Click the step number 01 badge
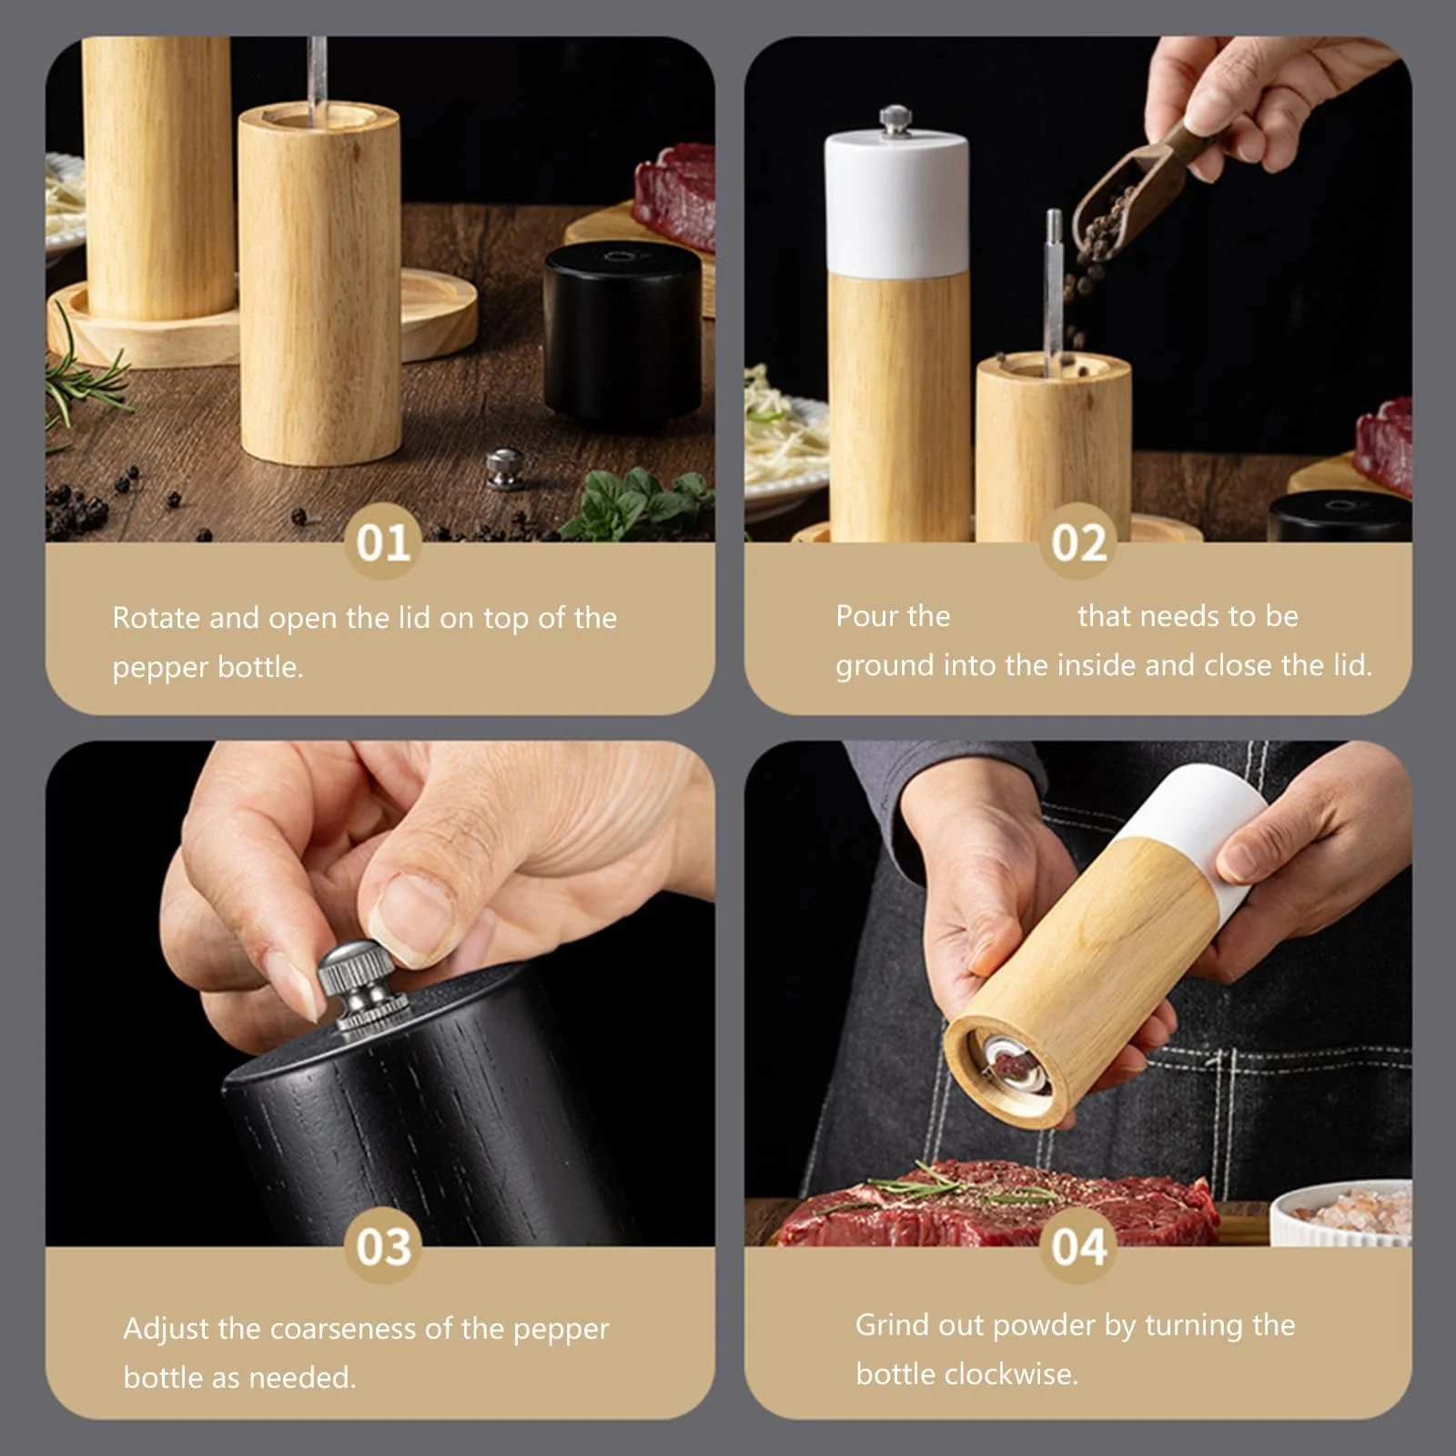tap(382, 542)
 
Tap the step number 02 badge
tap(1078, 542)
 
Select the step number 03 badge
tap(382, 1246)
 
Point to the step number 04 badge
tap(1078, 1246)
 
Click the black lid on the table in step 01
tap(622, 335)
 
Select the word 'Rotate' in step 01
tap(156, 618)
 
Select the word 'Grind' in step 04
tap(892, 1325)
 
